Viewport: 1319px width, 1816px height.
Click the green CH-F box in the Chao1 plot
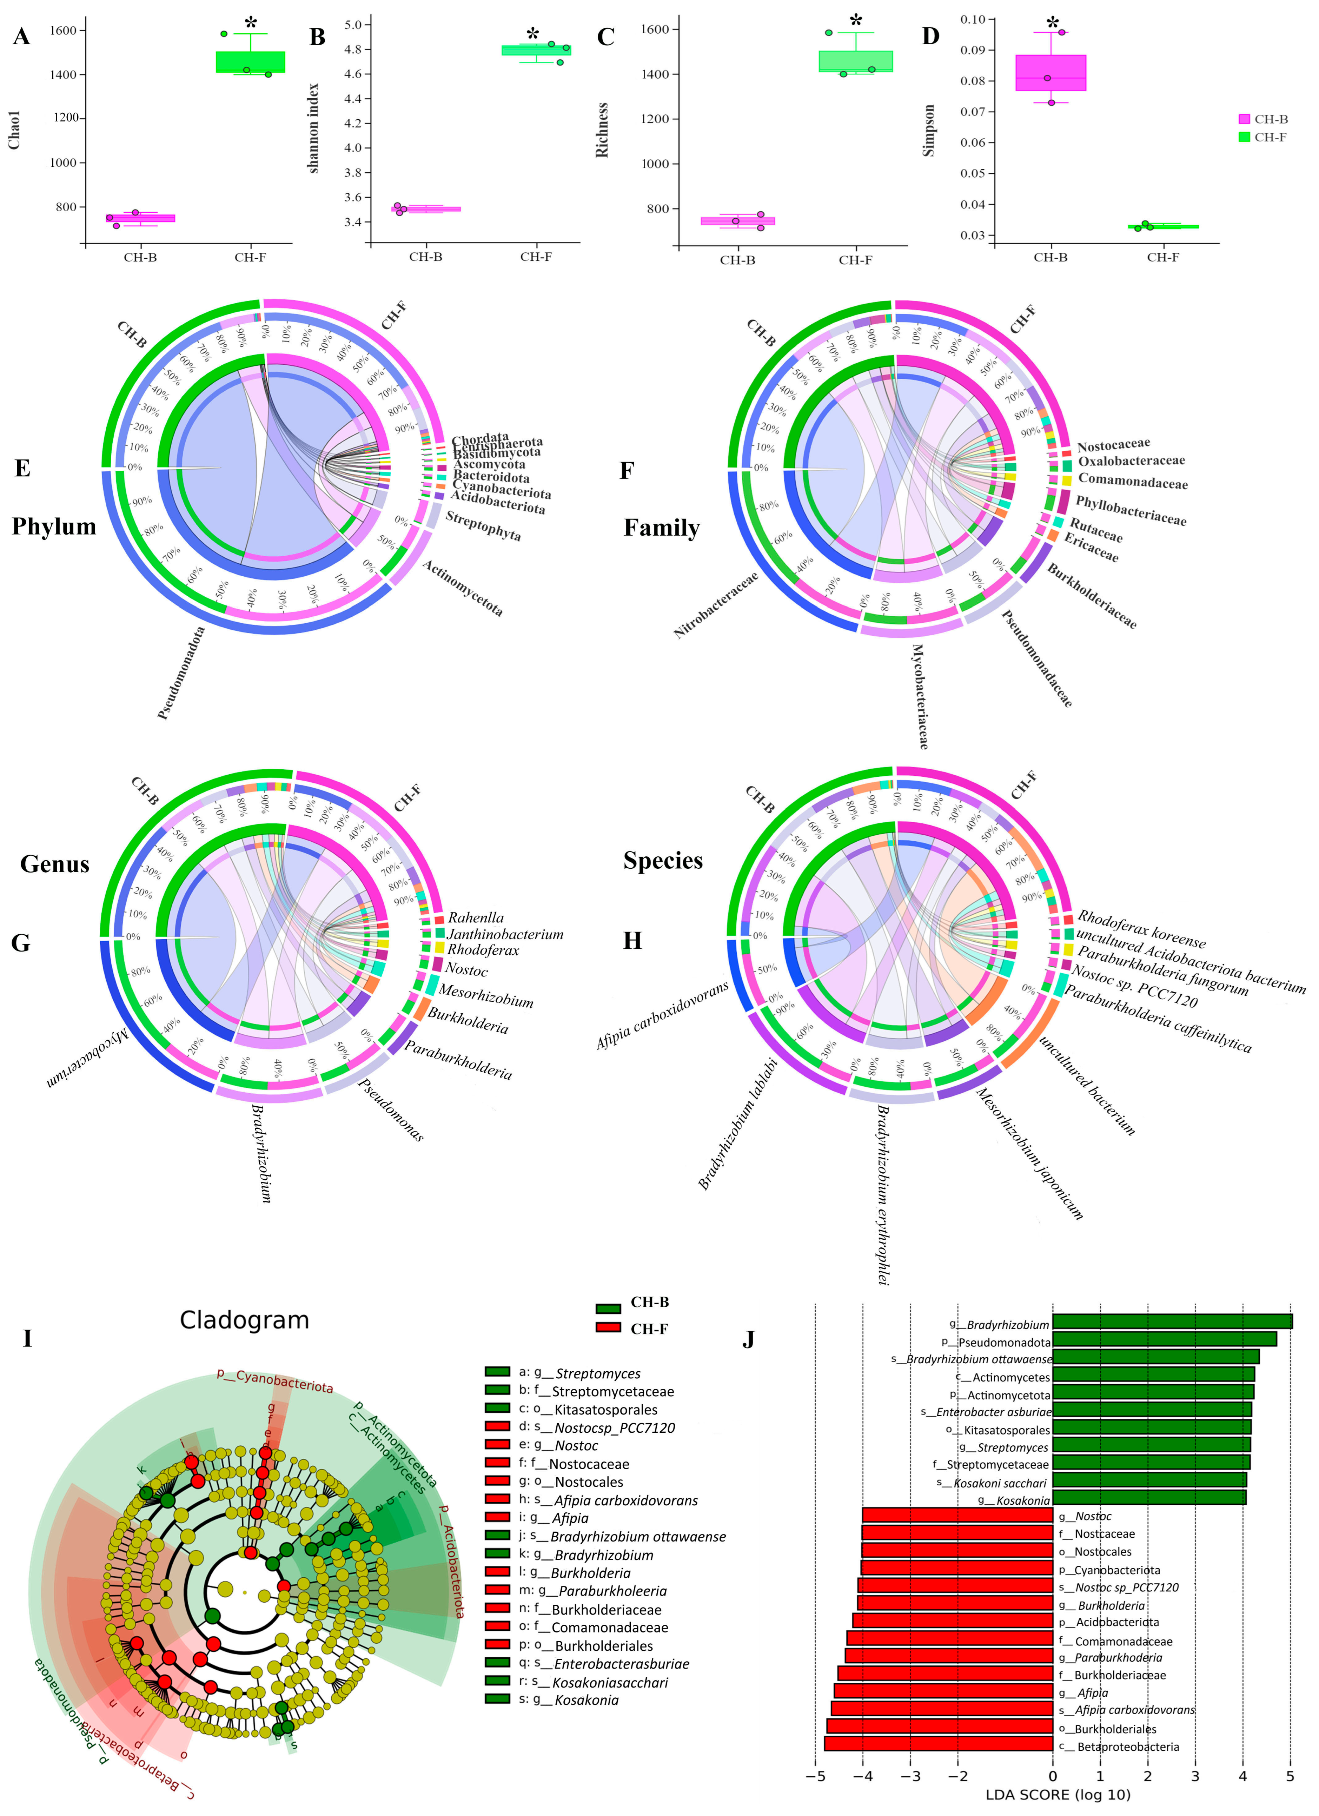pyautogui.click(x=251, y=62)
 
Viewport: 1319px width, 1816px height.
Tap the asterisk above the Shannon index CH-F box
pyautogui.click(x=532, y=34)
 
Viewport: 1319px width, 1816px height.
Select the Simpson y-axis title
pyautogui.click(x=929, y=130)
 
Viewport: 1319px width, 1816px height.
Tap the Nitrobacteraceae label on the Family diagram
pyautogui.click(x=715, y=604)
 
